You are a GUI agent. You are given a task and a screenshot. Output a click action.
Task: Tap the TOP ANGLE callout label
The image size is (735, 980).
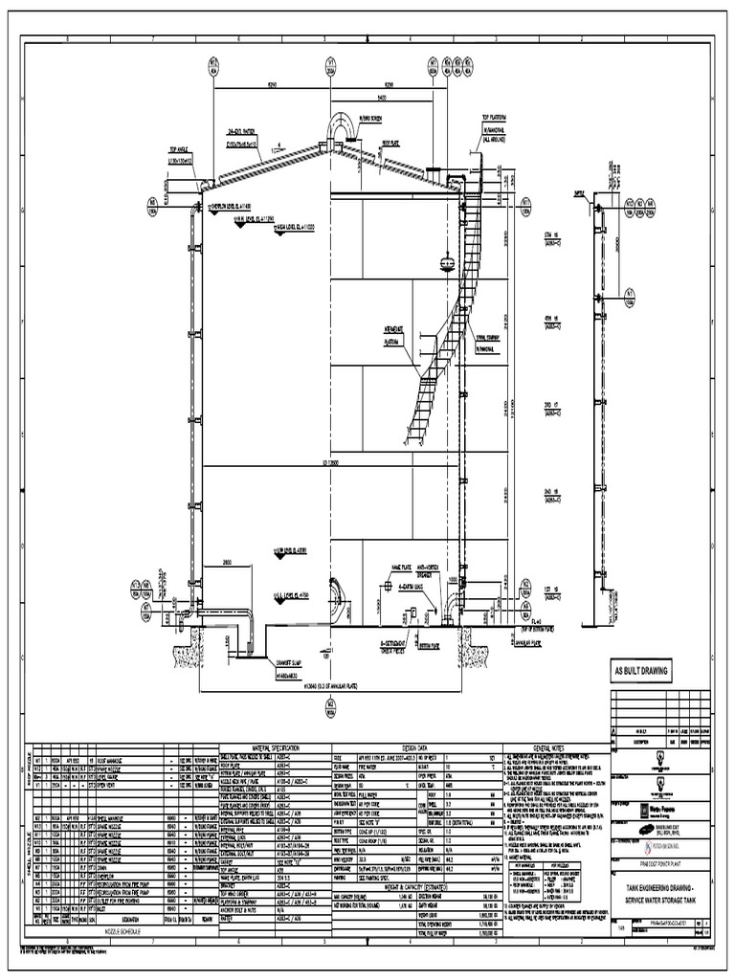pos(181,151)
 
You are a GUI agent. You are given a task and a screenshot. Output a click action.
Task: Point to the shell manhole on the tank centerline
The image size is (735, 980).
pos(333,602)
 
